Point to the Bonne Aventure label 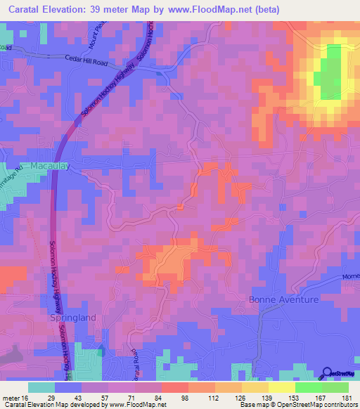pyautogui.click(x=283, y=300)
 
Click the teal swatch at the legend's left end pyautogui.click(x=41, y=387)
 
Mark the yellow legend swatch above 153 pyautogui.click(x=281, y=387)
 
